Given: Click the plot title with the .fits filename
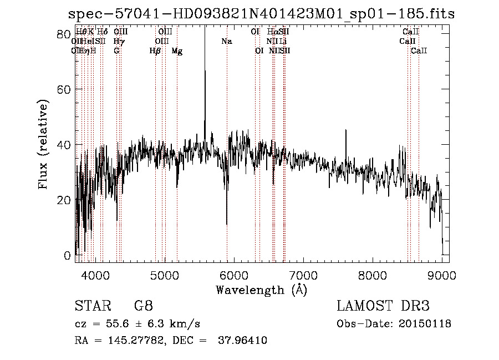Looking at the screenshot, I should click(x=261, y=14).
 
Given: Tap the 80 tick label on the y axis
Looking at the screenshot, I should click(x=66, y=34).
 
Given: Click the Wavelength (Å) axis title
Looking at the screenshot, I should click(x=261, y=290).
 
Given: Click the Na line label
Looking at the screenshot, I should click(x=226, y=42).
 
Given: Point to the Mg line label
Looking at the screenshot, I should click(x=177, y=51).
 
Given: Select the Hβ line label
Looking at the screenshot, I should click(x=155, y=51).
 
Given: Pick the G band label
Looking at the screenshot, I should click(x=116, y=51).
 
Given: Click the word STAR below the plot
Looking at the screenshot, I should click(x=92, y=306).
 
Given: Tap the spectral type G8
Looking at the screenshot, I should click(x=143, y=306).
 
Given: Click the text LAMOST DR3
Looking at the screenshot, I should click(x=383, y=306).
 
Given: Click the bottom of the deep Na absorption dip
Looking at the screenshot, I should click(x=227, y=224).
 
